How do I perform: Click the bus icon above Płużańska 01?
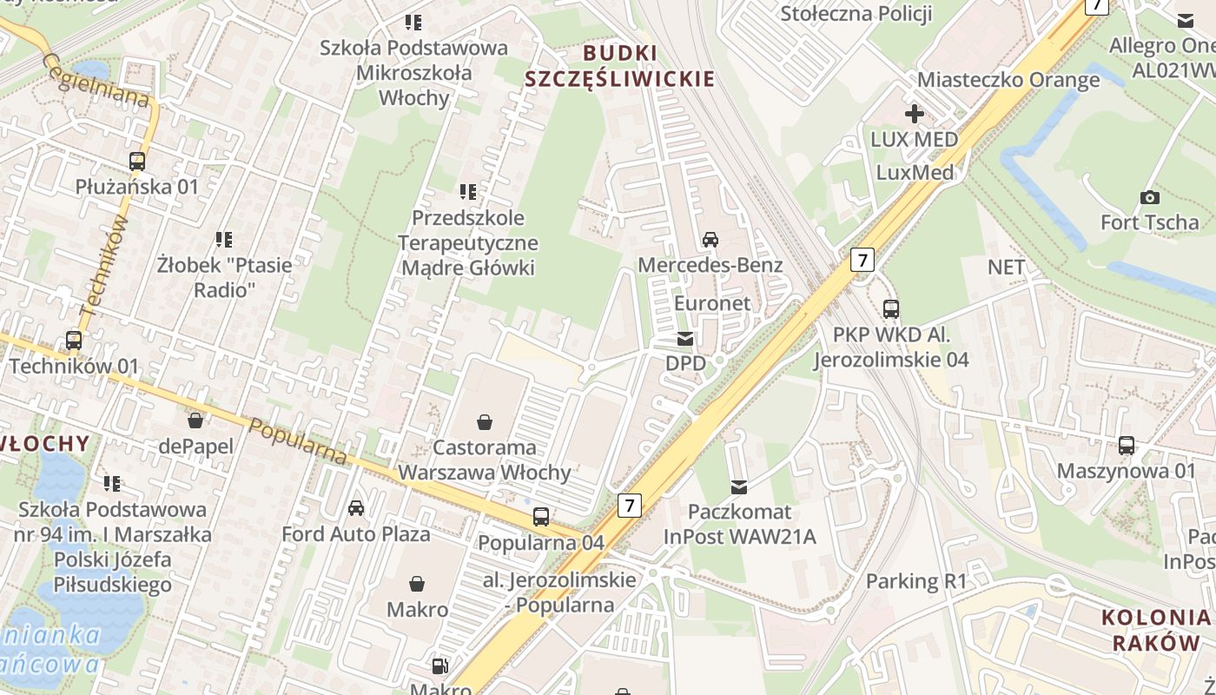click(137, 161)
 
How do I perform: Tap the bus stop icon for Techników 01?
click(74, 341)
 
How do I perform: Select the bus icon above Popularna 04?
click(541, 517)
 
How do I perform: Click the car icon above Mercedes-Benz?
click(710, 239)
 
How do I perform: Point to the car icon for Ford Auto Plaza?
click(356, 507)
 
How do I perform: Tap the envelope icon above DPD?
click(686, 338)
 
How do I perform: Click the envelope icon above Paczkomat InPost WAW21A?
click(739, 486)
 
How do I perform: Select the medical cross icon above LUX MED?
click(914, 114)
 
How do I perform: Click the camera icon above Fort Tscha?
click(1150, 197)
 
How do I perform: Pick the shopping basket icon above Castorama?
click(485, 422)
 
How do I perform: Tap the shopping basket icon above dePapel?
click(195, 420)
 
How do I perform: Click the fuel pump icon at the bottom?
click(440, 666)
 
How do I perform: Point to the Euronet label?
click(712, 302)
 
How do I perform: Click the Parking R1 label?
click(916, 580)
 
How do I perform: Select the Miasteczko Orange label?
click(1008, 80)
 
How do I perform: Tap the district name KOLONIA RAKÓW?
click(1156, 630)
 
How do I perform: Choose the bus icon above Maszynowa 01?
click(1127, 446)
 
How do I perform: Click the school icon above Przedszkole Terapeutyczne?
click(468, 191)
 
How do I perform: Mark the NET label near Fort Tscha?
click(1006, 267)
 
